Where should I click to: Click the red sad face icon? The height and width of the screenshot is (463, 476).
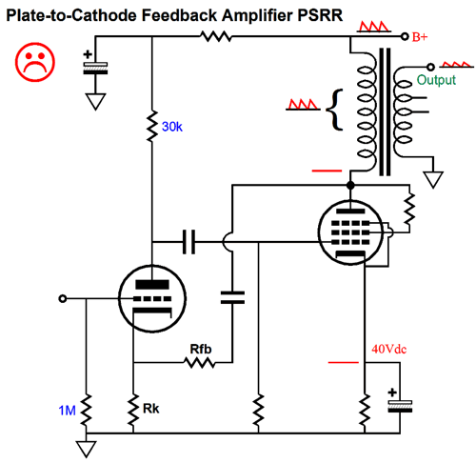[x=35, y=62]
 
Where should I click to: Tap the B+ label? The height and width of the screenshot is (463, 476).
[x=420, y=37]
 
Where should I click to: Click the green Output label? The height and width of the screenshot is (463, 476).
[x=436, y=80]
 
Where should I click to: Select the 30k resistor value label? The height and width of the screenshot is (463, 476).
[x=172, y=127]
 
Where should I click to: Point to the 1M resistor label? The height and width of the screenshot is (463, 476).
[x=67, y=411]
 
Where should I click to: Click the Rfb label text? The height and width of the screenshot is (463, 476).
[x=201, y=349]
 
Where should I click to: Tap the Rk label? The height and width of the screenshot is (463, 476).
[x=150, y=409]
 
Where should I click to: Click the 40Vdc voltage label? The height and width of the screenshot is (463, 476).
[x=388, y=349]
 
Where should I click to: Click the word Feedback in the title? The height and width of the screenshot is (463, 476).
[x=179, y=15]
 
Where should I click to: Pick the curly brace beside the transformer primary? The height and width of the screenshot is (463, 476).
[x=335, y=110]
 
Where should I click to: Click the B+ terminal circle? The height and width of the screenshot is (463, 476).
[x=405, y=36]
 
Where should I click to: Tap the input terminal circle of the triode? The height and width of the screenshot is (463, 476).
[x=63, y=298]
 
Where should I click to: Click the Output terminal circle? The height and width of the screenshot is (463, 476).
[x=430, y=67]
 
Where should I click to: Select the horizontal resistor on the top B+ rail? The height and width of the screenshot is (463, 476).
[x=216, y=36]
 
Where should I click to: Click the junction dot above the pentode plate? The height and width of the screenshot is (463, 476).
[x=350, y=185]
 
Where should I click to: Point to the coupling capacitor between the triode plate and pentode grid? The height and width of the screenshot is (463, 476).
[x=189, y=242]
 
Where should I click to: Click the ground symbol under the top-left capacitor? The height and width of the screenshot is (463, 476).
[x=95, y=101]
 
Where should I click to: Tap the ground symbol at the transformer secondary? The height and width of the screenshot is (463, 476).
[x=433, y=179]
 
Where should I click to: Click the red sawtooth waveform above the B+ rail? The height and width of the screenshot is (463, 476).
[x=374, y=27]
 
